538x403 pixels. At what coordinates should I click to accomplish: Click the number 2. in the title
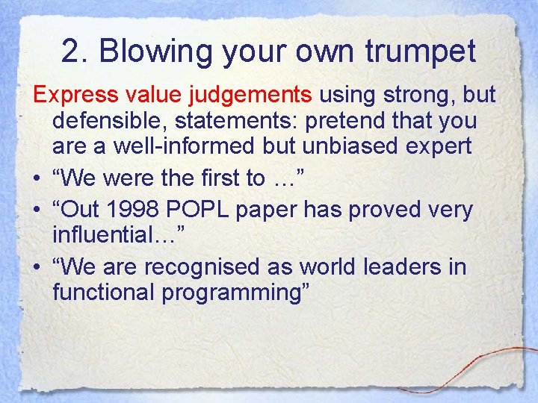[x=75, y=52]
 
